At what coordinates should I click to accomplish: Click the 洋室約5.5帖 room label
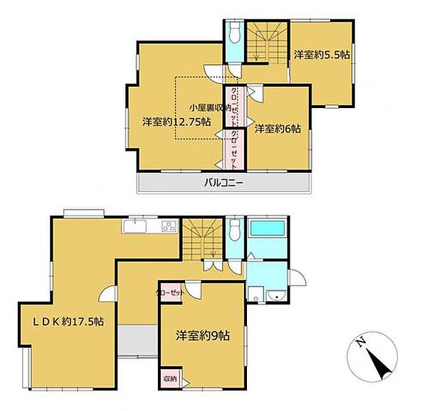(x=322, y=55)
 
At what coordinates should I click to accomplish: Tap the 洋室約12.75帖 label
(x=176, y=122)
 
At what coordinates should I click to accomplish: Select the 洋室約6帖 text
(x=278, y=129)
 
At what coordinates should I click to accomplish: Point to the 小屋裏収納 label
(x=210, y=107)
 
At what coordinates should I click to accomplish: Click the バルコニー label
(x=223, y=183)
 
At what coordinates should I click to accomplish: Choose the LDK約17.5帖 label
(x=68, y=322)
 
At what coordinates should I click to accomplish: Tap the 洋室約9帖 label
(x=203, y=336)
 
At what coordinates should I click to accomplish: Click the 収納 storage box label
(x=170, y=378)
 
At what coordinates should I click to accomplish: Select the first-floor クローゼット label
(x=170, y=293)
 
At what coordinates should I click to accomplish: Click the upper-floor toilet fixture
(x=234, y=33)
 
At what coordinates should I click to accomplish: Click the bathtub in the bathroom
(x=267, y=228)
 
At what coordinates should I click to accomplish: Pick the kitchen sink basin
(x=135, y=226)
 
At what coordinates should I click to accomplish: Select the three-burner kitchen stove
(x=169, y=226)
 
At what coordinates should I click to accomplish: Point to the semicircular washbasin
(x=276, y=295)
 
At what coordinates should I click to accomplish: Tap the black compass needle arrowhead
(x=379, y=363)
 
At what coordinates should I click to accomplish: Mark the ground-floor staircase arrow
(x=213, y=245)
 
